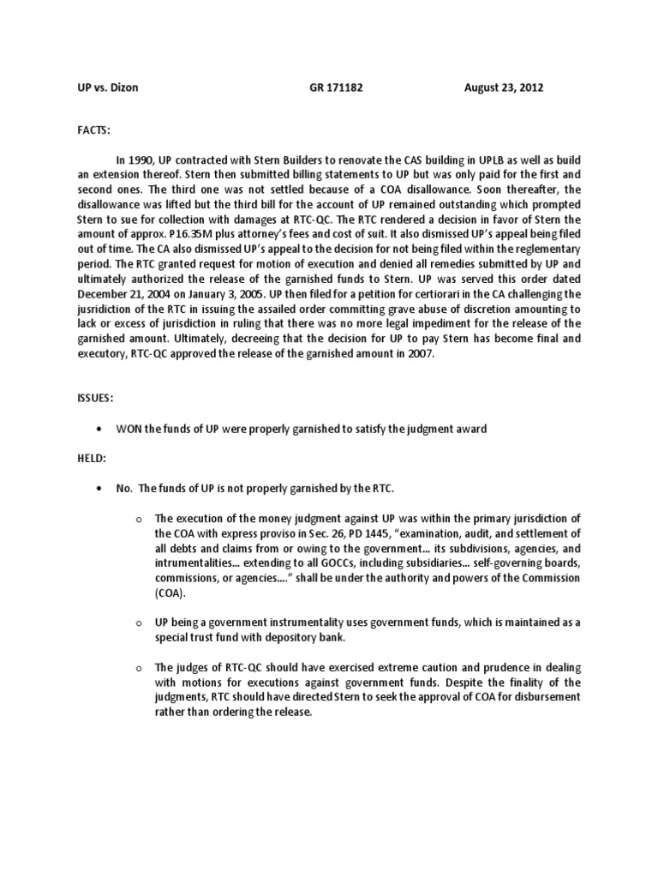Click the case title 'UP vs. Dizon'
pos(96,88)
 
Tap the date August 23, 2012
pos(504,88)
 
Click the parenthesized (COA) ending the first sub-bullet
pos(170,592)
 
